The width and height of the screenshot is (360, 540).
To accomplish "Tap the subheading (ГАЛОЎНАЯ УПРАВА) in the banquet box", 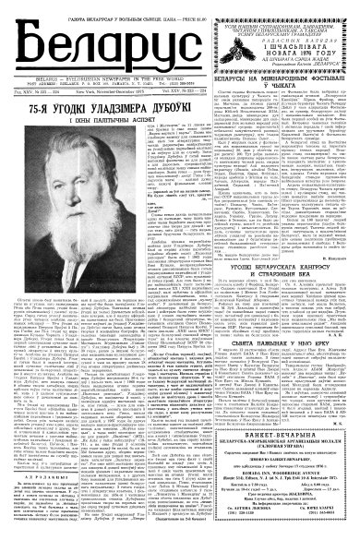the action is pos(278,480).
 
